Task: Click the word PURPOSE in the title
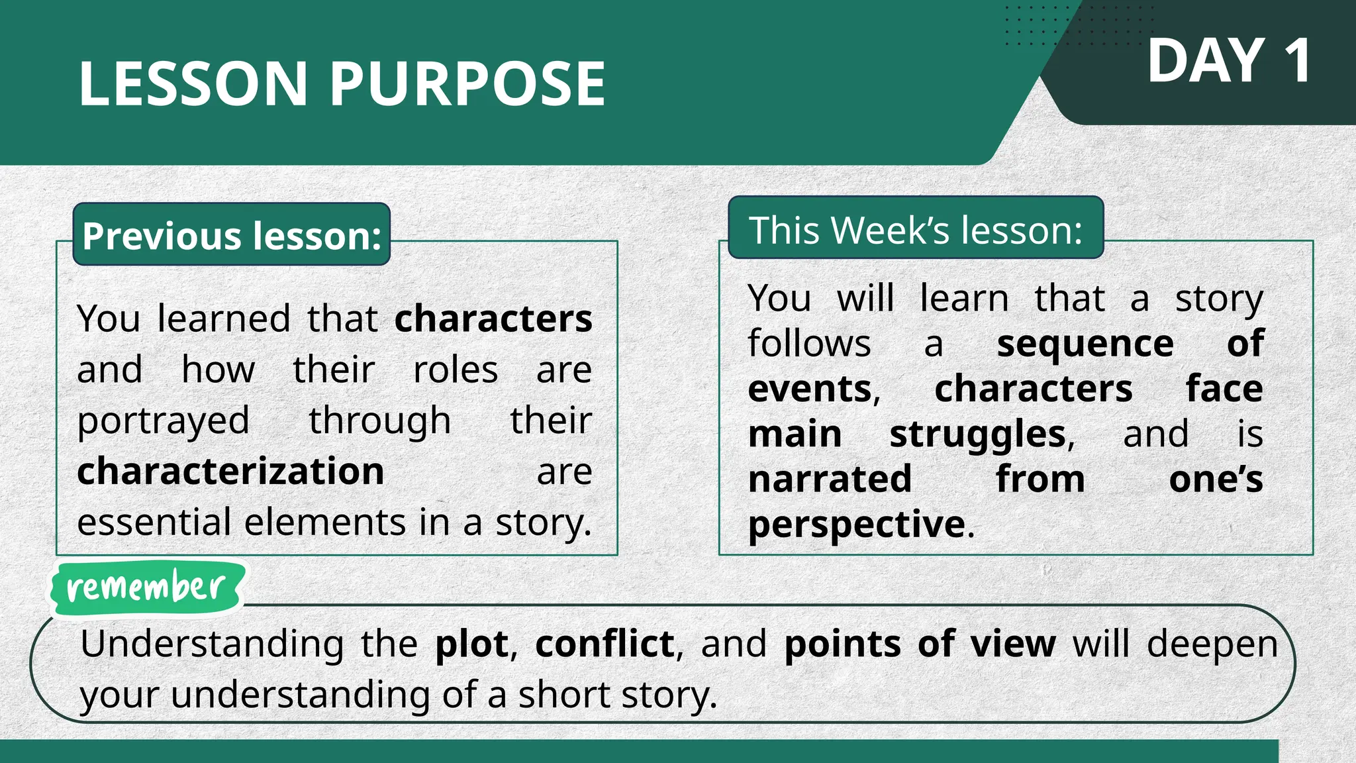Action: point(467,84)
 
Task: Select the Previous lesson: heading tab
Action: point(232,236)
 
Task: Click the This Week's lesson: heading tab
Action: point(916,230)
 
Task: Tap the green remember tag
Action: point(146,587)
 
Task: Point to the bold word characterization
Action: point(230,472)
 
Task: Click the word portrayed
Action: point(163,421)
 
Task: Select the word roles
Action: point(456,370)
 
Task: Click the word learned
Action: point(224,319)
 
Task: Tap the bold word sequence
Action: point(1085,344)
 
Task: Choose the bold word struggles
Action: point(977,434)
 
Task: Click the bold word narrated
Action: point(830,479)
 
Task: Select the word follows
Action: point(809,344)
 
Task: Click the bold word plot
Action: point(471,644)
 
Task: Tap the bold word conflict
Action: point(605,644)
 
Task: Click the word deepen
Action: point(1212,644)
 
